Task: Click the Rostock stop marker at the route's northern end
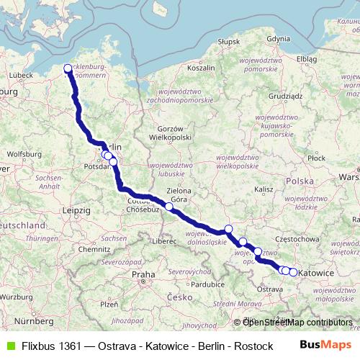click(x=68, y=69)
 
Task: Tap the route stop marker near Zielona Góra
click(x=169, y=207)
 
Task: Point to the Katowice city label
click(x=315, y=274)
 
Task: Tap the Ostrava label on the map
click(x=270, y=289)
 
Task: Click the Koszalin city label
click(x=201, y=68)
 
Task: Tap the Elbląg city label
click(x=306, y=58)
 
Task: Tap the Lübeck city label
click(x=21, y=74)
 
